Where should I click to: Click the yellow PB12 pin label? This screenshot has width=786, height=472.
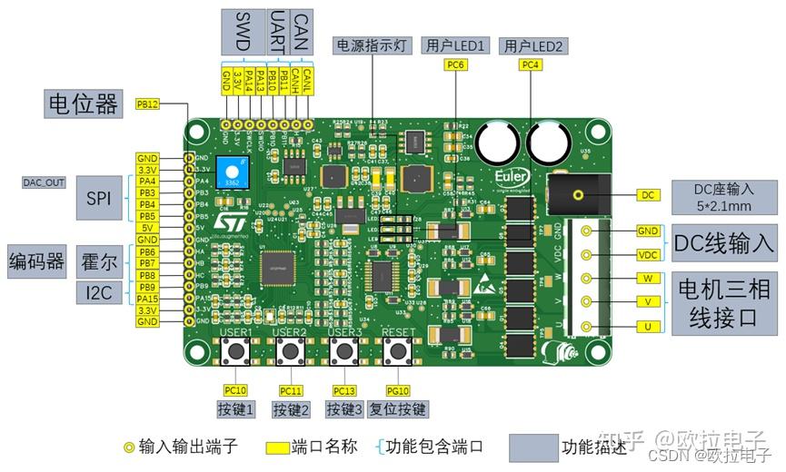[147, 104]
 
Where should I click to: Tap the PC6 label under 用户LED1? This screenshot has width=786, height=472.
[454, 65]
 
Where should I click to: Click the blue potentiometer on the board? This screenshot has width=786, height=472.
[233, 171]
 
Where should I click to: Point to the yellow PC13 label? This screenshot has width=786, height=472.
[344, 390]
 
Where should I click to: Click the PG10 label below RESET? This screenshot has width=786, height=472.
[398, 390]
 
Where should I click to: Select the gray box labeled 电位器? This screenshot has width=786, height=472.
[83, 103]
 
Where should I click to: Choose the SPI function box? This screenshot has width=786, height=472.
[98, 198]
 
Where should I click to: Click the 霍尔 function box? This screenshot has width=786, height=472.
[98, 262]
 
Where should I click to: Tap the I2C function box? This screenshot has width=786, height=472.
[98, 292]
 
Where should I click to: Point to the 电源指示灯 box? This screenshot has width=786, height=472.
[374, 44]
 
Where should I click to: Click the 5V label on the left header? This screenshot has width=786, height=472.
[147, 228]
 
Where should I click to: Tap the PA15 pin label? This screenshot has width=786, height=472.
[147, 298]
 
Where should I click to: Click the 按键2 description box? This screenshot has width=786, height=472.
[292, 409]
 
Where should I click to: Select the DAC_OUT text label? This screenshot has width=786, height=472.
[44, 182]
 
